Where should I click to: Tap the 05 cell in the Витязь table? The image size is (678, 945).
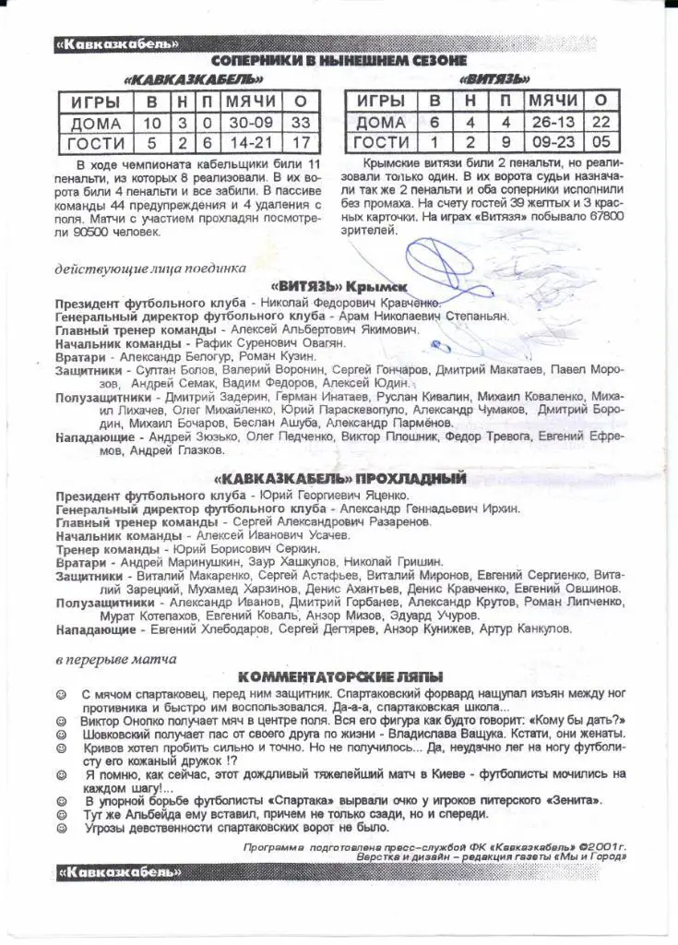coord(601,141)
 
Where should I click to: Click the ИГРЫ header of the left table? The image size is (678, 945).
coord(96,102)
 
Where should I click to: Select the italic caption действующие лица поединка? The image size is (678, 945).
coord(149,268)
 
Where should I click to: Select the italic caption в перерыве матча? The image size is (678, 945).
coord(115,659)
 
